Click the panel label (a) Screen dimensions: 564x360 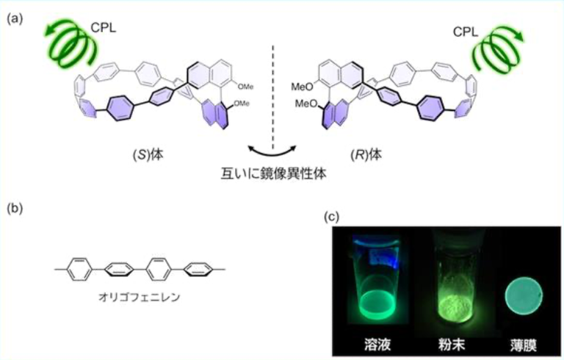(15, 18)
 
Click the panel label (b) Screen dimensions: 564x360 (15, 209)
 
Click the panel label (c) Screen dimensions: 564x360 (332, 216)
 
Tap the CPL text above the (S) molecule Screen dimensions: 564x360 (104, 28)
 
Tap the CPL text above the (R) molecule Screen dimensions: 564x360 (466, 32)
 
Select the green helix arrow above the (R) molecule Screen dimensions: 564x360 (498, 48)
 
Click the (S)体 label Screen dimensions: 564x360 (148, 155)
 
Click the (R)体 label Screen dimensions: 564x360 (366, 155)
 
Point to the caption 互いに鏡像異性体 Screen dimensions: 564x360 (273, 174)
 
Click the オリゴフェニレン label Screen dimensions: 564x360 (140, 298)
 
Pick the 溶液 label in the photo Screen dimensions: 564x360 (377, 345)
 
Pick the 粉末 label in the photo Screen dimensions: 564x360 (452, 345)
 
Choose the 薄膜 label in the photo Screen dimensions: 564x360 (524, 345)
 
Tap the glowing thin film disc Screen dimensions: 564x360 (524, 297)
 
